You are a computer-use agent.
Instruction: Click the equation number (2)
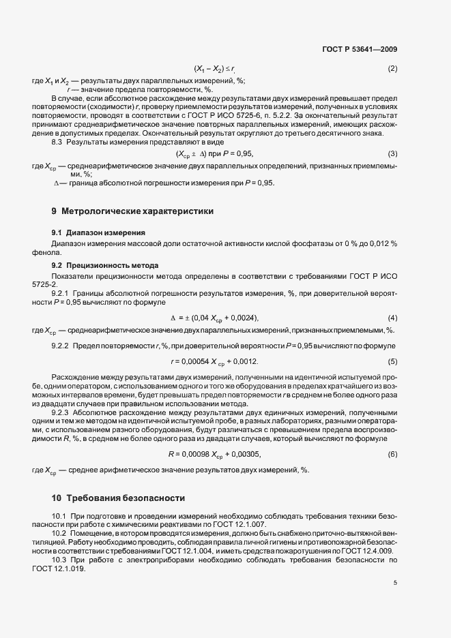click(x=392, y=70)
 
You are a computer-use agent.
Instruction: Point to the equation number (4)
click(x=392, y=318)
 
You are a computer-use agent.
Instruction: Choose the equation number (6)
click(x=392, y=454)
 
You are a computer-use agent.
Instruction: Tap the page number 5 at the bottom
click(x=395, y=583)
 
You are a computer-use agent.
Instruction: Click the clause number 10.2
click(x=60, y=532)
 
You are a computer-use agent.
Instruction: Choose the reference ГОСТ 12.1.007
click(x=244, y=524)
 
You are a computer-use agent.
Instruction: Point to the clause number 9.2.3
click(x=63, y=412)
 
